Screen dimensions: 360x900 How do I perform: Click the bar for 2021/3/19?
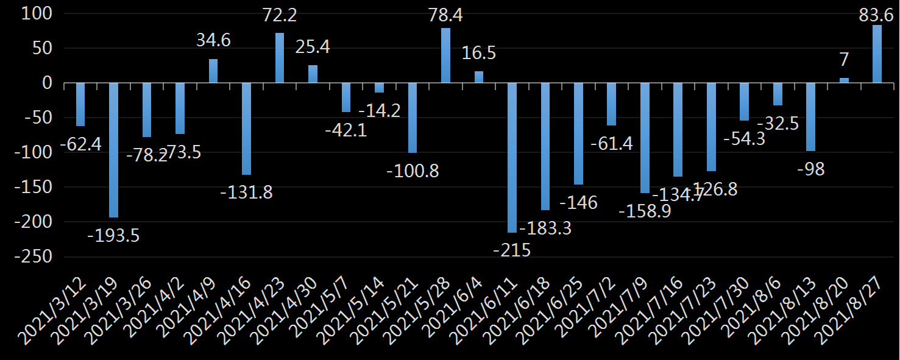(x=113, y=150)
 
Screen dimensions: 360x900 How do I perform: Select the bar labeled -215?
(x=512, y=157)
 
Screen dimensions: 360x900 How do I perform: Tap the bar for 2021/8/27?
(x=877, y=54)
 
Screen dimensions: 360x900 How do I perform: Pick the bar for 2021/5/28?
(x=445, y=55)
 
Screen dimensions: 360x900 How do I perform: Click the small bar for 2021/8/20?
(x=844, y=80)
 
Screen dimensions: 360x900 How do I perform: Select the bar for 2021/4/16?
(x=246, y=129)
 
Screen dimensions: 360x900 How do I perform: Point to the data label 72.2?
(x=280, y=15)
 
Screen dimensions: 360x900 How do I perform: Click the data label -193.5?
(x=113, y=235)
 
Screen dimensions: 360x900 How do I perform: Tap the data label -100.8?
(x=413, y=171)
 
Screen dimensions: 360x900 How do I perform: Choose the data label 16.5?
(x=478, y=53)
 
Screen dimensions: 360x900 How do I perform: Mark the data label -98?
(x=810, y=169)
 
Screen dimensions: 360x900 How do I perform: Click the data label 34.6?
(x=213, y=41)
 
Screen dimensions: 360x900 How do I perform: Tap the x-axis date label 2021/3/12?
(x=54, y=311)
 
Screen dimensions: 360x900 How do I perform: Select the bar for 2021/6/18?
(x=545, y=146)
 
